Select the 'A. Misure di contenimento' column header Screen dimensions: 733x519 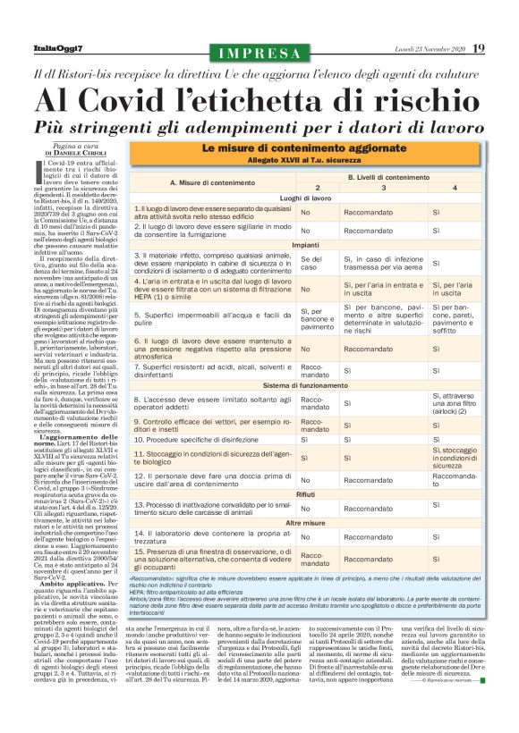click(x=212, y=182)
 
